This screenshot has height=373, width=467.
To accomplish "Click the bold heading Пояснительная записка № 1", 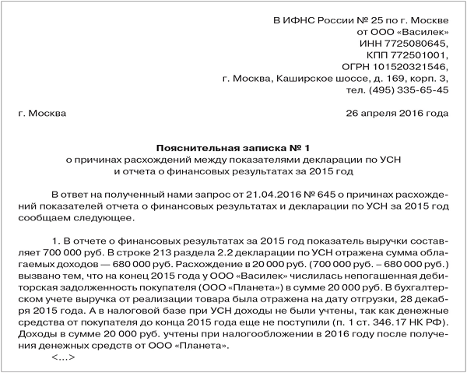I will tap(233, 147).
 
